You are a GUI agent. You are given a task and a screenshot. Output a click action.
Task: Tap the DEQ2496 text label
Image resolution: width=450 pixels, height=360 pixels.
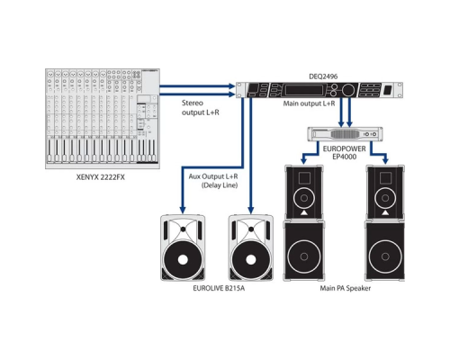coord(325,76)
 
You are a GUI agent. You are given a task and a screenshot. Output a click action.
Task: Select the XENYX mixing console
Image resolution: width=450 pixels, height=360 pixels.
coord(98,117)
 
